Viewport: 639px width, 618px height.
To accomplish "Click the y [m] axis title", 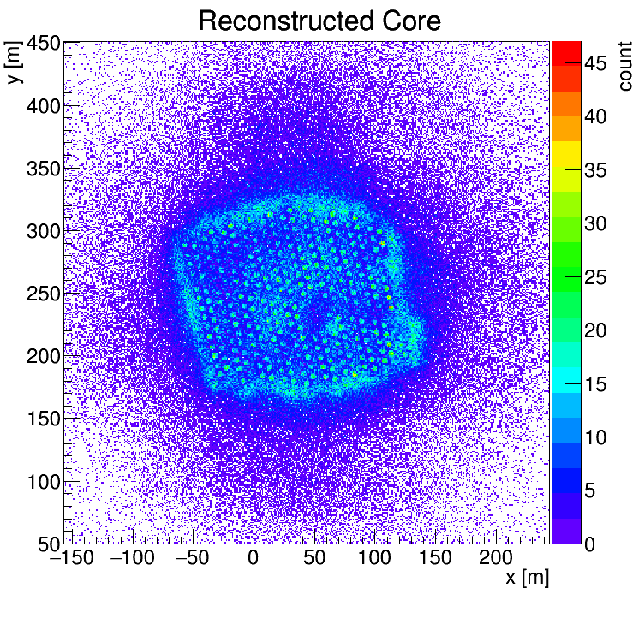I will [14, 64].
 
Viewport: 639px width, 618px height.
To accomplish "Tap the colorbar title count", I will [624, 66].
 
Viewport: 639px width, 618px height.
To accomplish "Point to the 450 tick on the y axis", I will [41, 44].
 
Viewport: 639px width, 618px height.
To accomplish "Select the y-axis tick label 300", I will [41, 231].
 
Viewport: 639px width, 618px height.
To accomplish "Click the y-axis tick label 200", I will [41, 356].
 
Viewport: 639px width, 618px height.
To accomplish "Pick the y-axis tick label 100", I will [41, 482].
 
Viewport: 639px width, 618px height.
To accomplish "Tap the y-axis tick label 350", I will [41, 169].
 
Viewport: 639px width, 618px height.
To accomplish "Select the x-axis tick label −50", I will [190, 559].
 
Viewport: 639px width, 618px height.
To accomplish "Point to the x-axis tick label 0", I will [253, 559].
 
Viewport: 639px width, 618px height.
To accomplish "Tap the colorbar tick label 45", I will [597, 62].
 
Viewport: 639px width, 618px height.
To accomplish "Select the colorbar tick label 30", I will [597, 223].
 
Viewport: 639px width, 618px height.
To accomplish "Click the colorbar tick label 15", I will [597, 384].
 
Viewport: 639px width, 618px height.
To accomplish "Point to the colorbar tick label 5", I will [591, 491].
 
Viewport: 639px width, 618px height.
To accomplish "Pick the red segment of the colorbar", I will [566, 51].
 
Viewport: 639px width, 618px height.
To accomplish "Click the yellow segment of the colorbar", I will [566, 153].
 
